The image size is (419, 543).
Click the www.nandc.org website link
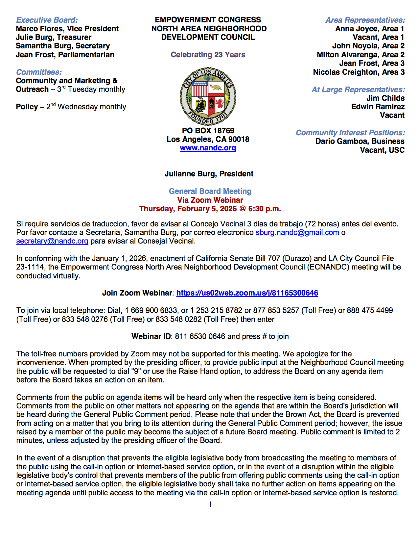click(208, 148)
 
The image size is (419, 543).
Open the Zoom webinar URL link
click(247, 293)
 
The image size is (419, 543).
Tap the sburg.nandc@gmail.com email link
click(297, 233)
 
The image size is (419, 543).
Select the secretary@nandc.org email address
click(52, 241)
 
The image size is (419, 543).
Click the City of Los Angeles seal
click(208, 96)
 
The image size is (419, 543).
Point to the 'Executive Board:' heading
click(47, 20)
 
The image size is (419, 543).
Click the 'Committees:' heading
click(39, 72)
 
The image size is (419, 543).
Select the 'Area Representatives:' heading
click(365, 20)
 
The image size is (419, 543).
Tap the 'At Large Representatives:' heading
click(358, 90)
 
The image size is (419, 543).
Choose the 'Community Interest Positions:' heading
click(350, 133)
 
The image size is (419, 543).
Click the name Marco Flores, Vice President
click(67, 29)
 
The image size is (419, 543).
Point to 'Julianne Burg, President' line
click(209, 174)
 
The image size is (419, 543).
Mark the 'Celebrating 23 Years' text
click(208, 55)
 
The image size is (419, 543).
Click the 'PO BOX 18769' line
click(208, 131)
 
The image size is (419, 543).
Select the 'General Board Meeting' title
click(210, 191)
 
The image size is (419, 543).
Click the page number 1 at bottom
click(210, 504)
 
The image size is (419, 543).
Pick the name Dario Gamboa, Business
click(360, 142)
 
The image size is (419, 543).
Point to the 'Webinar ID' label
click(151, 336)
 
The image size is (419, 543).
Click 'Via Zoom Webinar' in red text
click(210, 200)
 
